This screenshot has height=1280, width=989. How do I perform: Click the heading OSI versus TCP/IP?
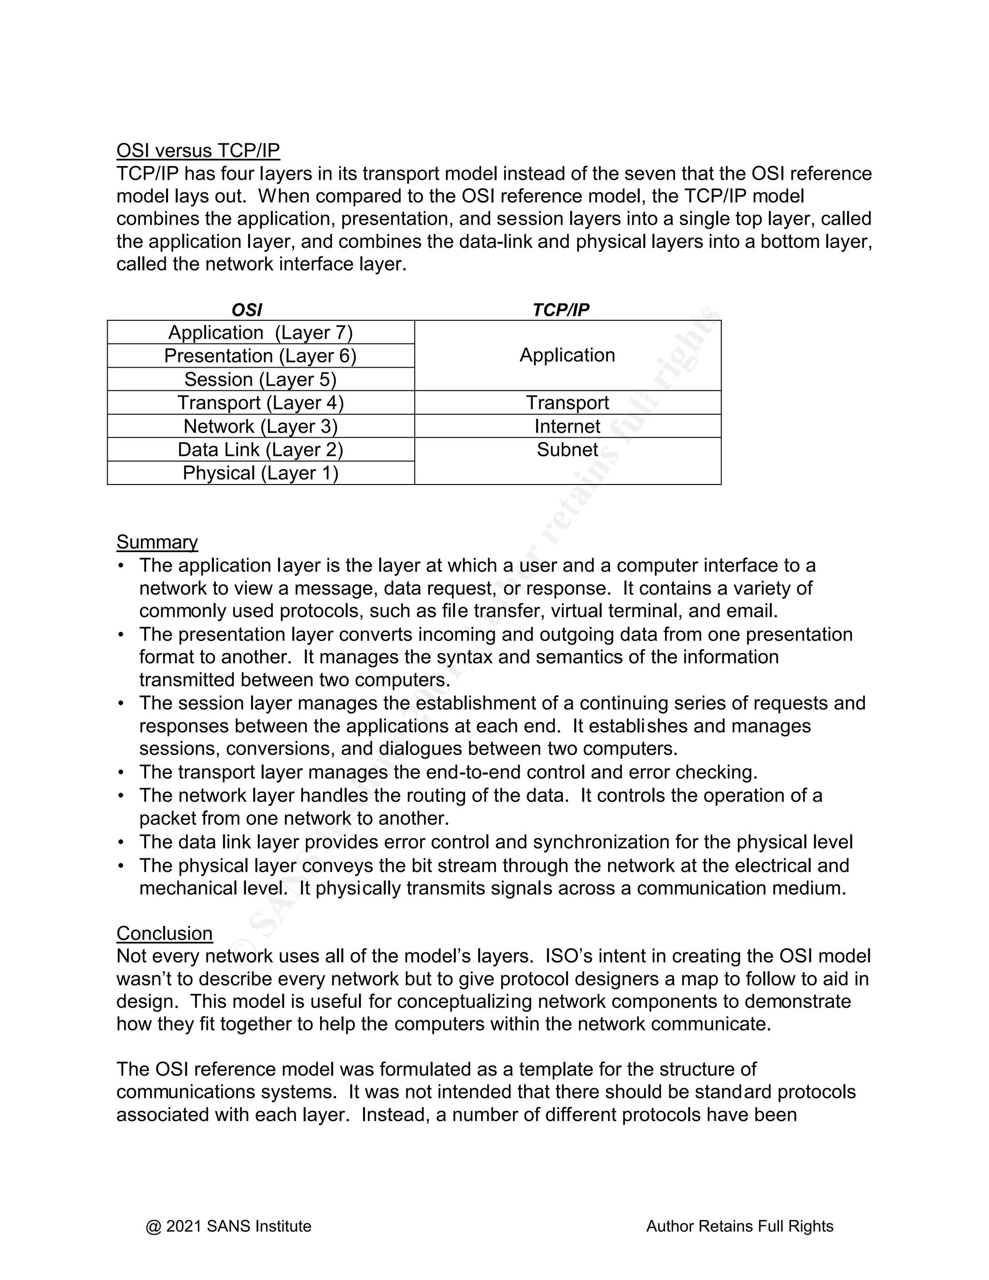tap(198, 151)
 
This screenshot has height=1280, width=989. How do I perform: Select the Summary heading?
tap(157, 541)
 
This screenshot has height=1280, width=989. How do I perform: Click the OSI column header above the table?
tap(247, 310)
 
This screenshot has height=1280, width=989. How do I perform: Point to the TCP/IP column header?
tap(561, 310)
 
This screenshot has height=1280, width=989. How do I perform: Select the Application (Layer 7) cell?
tap(261, 332)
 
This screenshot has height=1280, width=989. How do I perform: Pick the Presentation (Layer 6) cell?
tap(261, 356)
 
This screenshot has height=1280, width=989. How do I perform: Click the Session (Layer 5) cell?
tap(261, 379)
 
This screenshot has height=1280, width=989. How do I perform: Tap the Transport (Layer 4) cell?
tap(261, 403)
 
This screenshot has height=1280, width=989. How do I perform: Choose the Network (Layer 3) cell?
tap(261, 426)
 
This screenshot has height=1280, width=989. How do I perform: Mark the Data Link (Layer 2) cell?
tap(261, 450)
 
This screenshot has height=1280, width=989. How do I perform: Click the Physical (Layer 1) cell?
tap(261, 473)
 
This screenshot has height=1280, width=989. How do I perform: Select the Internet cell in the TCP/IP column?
tap(567, 426)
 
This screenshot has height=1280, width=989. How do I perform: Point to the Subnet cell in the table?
tap(567, 450)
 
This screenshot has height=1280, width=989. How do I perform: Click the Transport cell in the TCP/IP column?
tap(567, 403)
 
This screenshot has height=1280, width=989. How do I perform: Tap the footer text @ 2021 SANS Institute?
tap(228, 1226)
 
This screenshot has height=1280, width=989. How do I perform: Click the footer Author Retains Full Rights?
tap(739, 1226)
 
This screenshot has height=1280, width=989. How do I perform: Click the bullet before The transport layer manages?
tap(121, 772)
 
